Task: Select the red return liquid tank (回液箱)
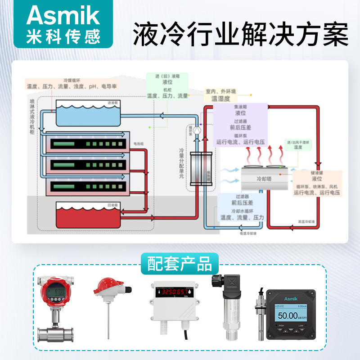click(88, 216)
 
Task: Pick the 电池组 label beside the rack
click(138, 144)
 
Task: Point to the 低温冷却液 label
click(249, 234)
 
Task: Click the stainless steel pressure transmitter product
click(228, 310)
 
